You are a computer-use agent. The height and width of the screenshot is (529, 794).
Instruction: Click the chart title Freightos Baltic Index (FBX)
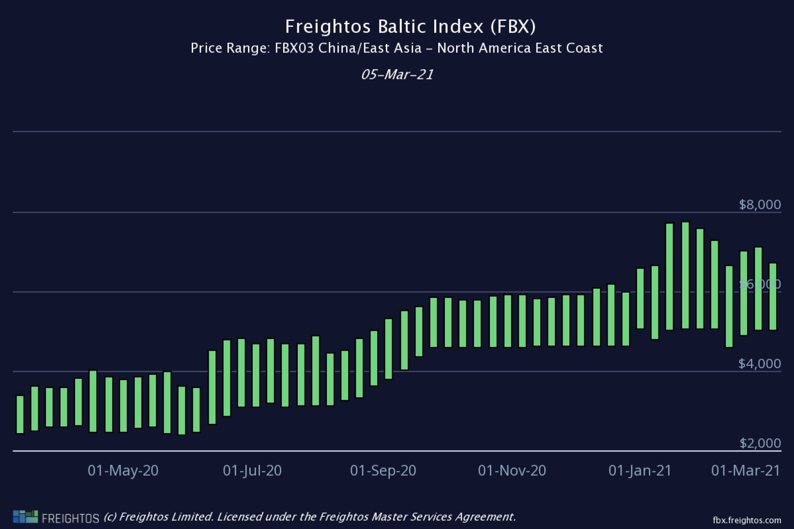pyautogui.click(x=410, y=26)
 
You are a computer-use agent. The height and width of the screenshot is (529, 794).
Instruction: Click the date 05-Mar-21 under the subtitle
pyautogui.click(x=397, y=75)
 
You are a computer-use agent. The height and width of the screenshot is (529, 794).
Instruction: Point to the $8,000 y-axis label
pyautogui.click(x=760, y=204)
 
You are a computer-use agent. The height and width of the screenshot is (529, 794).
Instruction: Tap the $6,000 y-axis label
pyautogui.click(x=760, y=284)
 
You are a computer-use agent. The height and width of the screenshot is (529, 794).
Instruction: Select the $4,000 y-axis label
pyautogui.click(x=760, y=363)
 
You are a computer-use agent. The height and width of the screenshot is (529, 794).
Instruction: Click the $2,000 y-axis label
pyautogui.click(x=760, y=443)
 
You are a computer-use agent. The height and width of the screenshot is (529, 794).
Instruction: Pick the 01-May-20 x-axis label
pyautogui.click(x=123, y=470)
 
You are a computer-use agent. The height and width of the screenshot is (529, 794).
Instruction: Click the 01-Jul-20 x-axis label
pyautogui.click(x=252, y=470)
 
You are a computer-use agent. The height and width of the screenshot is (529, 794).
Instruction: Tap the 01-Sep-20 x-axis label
pyautogui.click(x=383, y=470)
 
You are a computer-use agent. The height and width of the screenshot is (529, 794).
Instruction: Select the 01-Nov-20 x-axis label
pyautogui.click(x=512, y=470)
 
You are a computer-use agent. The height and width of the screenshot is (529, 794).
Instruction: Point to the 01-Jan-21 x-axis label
pyautogui.click(x=640, y=470)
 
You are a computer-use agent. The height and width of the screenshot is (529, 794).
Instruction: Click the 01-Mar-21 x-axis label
pyautogui.click(x=746, y=470)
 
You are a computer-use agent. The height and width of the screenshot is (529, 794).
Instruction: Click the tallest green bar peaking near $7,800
pyautogui.click(x=685, y=275)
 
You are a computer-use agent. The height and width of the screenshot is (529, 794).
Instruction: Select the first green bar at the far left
pyautogui.click(x=20, y=414)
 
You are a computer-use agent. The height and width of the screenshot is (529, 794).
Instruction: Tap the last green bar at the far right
pyautogui.click(x=773, y=296)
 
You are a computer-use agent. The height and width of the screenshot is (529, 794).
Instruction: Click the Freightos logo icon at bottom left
pyautogui.click(x=25, y=516)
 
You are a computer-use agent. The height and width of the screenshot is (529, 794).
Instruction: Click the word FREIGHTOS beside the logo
pyautogui.click(x=71, y=518)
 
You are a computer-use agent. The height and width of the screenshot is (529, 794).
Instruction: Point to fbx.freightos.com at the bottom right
pyautogui.click(x=747, y=520)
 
